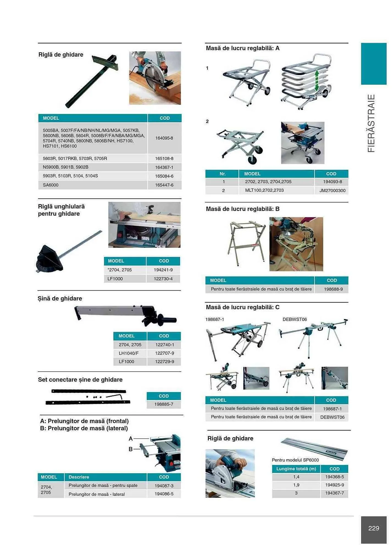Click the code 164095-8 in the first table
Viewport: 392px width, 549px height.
click(x=164, y=138)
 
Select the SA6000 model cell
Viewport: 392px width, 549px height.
click(x=51, y=185)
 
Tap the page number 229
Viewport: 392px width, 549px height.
click(x=373, y=528)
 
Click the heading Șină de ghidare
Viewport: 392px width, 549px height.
click(x=60, y=298)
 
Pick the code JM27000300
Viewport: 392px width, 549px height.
click(x=332, y=191)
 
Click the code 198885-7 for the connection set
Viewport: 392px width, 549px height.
click(x=164, y=404)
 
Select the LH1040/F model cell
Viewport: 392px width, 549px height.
click(x=129, y=353)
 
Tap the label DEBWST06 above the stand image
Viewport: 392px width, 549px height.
click(x=294, y=319)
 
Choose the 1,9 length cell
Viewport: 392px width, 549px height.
click(x=296, y=485)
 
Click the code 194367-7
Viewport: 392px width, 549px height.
click(x=334, y=493)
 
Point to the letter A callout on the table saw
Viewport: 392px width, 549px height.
click(x=131, y=439)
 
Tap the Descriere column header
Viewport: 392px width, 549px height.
click(x=79, y=477)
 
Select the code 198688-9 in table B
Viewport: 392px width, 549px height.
click(x=333, y=289)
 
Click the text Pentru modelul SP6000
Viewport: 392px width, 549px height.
click(x=295, y=460)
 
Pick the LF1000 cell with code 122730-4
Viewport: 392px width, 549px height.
click(x=115, y=279)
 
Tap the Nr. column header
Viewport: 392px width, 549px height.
click(x=222, y=174)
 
